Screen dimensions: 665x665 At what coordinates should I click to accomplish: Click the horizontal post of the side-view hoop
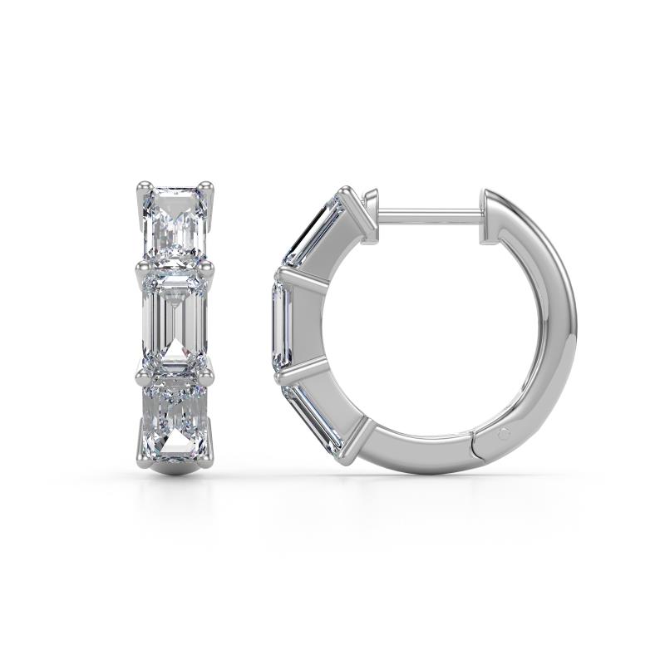point(428,215)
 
